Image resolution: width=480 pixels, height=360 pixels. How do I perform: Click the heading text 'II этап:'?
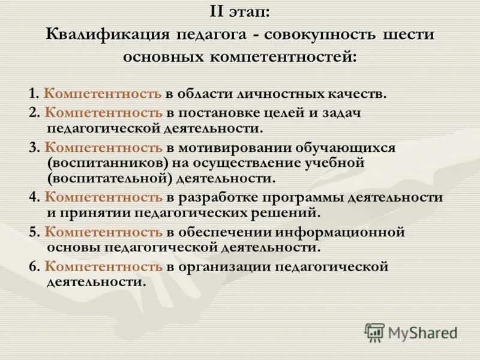pos(240,12)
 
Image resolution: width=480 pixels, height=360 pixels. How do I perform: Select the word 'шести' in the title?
pos(408,35)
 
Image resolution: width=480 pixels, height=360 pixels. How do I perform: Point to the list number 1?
pos(32,94)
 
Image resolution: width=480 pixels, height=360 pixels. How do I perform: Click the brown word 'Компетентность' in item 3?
pos(103,148)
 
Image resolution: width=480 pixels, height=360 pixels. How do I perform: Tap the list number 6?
pos(32,266)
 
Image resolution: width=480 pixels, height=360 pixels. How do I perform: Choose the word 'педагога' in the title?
pos(212,35)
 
